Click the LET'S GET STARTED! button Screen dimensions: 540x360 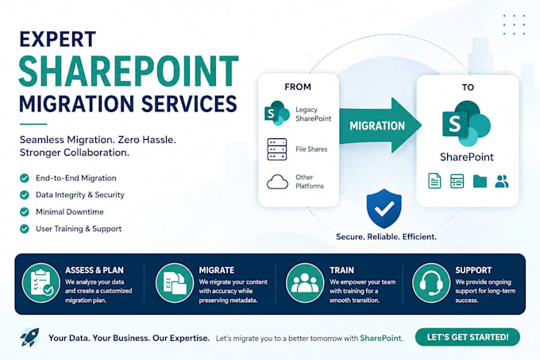467,337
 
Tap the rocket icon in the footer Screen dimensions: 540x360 29,337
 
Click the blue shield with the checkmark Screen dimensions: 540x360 384,208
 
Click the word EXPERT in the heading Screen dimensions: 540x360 57,39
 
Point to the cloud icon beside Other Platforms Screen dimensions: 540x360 277,181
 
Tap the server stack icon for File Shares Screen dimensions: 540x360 277,149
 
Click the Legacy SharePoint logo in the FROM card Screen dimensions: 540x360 276,114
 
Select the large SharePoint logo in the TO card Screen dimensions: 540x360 466,123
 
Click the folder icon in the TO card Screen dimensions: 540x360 480,181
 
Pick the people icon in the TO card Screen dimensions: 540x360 502,181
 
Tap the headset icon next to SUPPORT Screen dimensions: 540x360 431,283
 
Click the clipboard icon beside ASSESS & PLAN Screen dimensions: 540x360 41,283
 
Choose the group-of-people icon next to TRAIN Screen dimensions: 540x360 305,283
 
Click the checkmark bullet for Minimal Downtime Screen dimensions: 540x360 25,211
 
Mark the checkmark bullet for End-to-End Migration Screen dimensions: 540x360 25,178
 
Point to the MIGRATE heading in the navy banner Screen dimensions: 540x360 216,270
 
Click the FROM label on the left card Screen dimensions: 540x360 298,87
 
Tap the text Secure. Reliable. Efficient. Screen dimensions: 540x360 386,237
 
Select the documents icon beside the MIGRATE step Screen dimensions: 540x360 175,283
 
